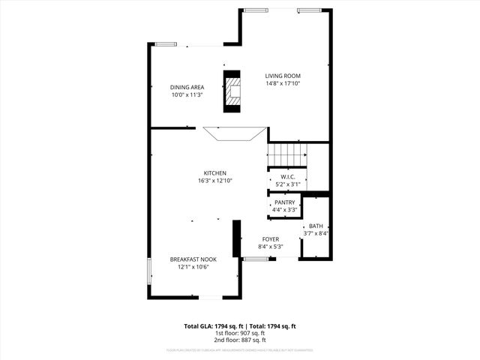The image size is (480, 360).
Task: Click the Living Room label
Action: [x=283, y=76]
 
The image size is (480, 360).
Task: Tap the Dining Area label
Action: [x=187, y=87]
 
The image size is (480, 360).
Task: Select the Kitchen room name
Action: [x=215, y=172]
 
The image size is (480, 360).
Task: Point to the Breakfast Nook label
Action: [x=192, y=259]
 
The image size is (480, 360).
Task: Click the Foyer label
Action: [x=270, y=239]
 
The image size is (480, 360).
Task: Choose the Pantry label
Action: [x=285, y=202]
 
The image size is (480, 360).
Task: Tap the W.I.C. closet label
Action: [x=287, y=176]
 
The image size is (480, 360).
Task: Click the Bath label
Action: [x=316, y=226]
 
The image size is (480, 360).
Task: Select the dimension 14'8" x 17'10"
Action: [x=283, y=84]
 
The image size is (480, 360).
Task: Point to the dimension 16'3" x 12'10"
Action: [x=215, y=181]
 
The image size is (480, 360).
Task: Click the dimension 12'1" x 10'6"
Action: [x=192, y=267]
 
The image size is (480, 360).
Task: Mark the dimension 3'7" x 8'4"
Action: [x=316, y=233]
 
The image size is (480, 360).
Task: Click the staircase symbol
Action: [x=287, y=155]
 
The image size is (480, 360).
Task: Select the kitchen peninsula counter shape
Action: [x=235, y=134]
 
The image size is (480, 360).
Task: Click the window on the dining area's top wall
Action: [x=165, y=44]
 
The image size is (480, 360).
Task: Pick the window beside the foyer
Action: [x=256, y=259]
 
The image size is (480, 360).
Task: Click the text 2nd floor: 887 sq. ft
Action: [x=240, y=340]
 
